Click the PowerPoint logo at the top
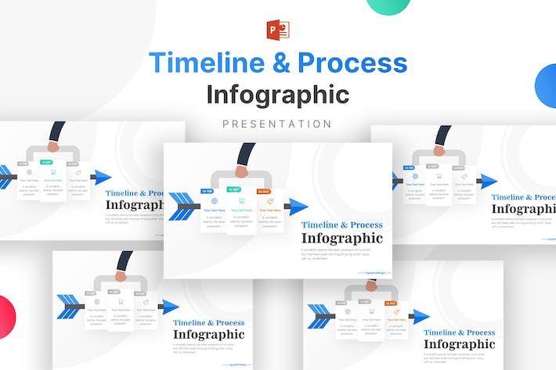pos(278,30)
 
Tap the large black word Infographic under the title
pos(278,94)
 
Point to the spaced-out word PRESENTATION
pos(278,124)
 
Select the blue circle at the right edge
pos(547,86)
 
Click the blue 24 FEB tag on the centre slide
pos(207,191)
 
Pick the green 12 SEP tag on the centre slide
pos(234,189)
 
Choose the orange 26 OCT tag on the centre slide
pos(263,191)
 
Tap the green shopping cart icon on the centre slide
pos(241,201)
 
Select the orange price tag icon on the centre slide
pos(269,201)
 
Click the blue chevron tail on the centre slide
pos(181,207)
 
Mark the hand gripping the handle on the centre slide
pos(240,171)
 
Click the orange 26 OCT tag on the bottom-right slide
pos(391,303)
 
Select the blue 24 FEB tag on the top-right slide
pos(409,167)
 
